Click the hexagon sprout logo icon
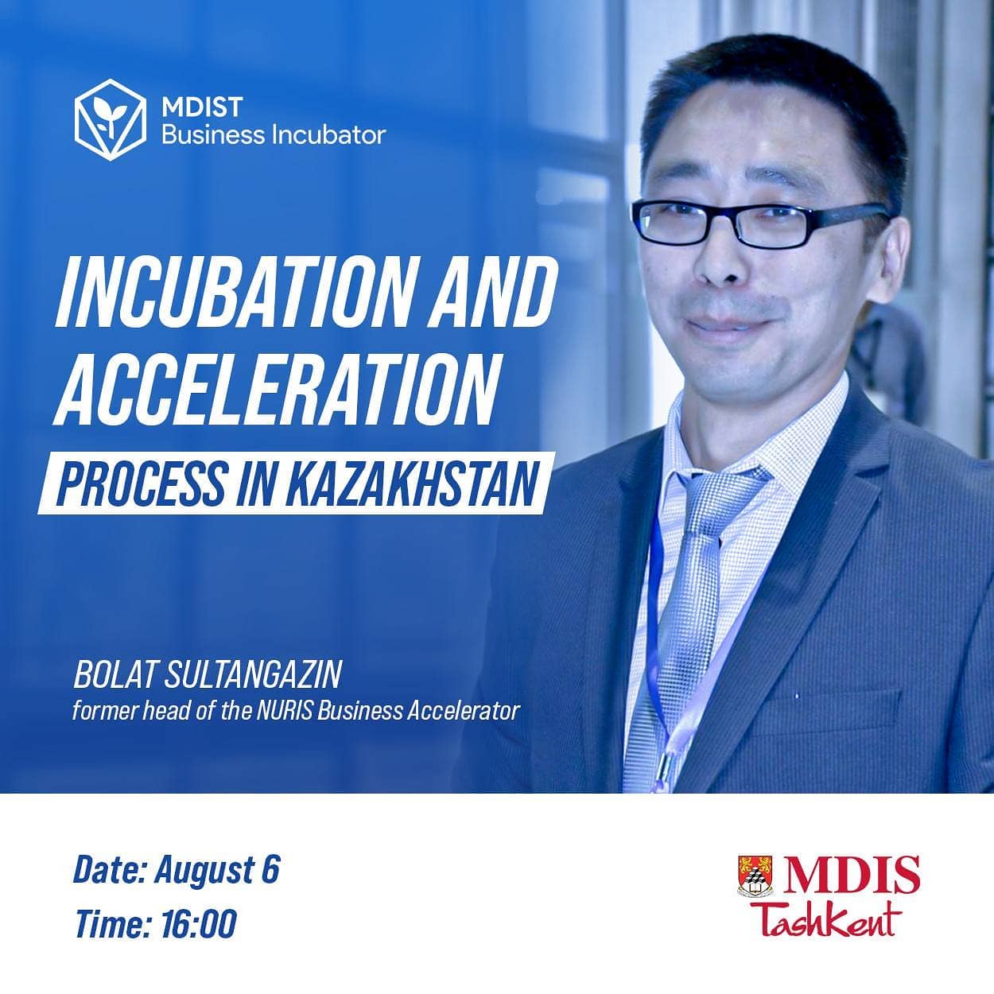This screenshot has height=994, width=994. coord(111,119)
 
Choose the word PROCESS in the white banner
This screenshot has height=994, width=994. coord(142,483)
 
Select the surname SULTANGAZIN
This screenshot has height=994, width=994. coord(253,674)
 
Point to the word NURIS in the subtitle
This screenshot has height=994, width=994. coord(285,712)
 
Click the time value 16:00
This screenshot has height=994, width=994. coord(198,923)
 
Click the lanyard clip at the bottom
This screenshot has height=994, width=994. coord(668,770)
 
